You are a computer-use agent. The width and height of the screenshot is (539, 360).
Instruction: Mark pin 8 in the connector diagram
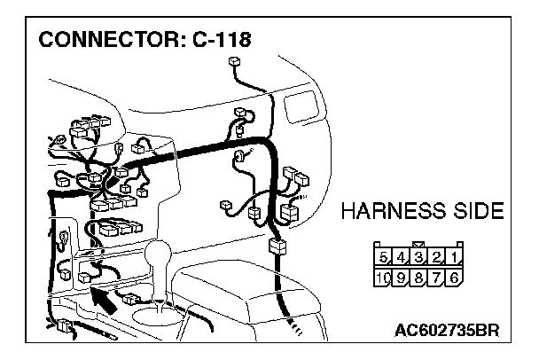[418, 277]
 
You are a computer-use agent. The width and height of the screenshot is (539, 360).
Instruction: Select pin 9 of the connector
[401, 277]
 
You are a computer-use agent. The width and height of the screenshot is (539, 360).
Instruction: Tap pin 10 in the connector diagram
[383, 277]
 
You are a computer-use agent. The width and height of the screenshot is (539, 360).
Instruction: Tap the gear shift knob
[164, 258]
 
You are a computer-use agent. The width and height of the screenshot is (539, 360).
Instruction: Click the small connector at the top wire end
[235, 62]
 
